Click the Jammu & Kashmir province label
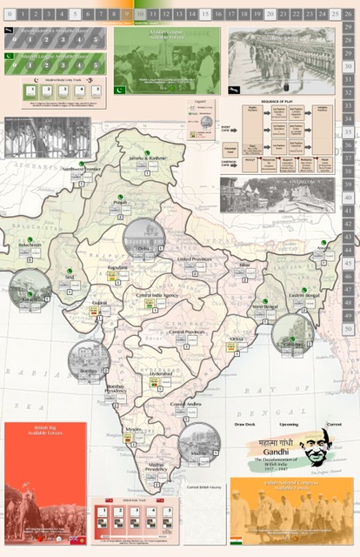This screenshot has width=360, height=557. point(146,158)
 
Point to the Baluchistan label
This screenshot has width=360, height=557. point(30,245)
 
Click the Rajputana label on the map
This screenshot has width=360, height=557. point(117,266)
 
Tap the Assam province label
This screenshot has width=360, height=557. point(325,247)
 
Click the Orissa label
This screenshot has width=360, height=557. point(237,339)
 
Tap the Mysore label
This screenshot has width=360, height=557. point(133,429)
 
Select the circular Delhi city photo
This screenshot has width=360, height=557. point(143,240)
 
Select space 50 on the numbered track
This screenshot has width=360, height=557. point(349,330)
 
